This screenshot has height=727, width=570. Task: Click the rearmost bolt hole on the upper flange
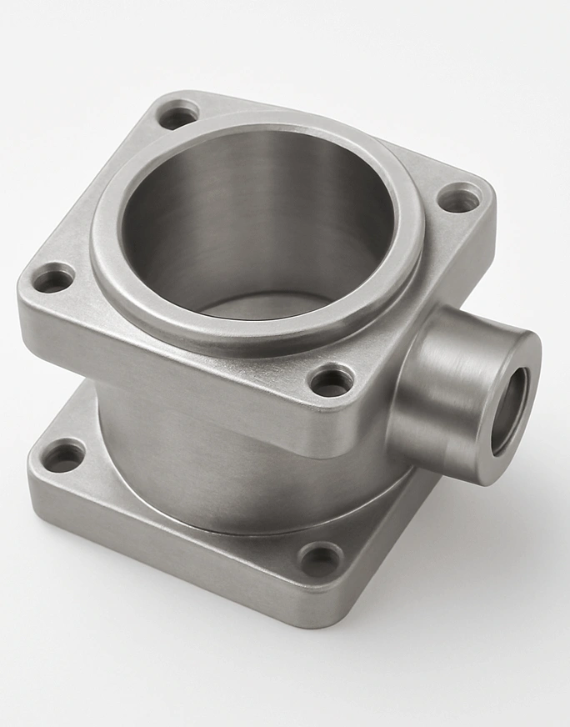pos(178,114)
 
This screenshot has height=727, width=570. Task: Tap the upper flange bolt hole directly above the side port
pos(459,200)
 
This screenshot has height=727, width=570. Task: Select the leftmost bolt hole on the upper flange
pos(53,278)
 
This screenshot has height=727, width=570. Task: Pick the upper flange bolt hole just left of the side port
pos(332,381)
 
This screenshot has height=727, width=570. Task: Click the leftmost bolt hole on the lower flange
pos(63,456)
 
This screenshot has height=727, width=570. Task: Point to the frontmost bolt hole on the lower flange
pos(321,559)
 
